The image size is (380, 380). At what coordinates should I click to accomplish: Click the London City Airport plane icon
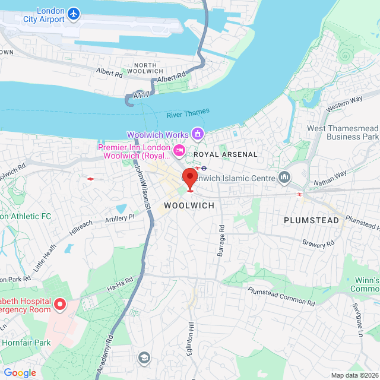tap(73, 13)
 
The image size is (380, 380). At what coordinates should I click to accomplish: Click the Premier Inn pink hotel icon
tap(179, 151)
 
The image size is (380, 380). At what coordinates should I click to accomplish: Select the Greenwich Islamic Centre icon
tap(284, 177)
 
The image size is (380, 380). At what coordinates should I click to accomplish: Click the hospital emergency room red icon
tap(60, 305)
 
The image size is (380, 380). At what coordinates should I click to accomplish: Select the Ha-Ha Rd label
tap(122, 284)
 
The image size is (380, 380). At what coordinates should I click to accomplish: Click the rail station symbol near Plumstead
tap(300, 193)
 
